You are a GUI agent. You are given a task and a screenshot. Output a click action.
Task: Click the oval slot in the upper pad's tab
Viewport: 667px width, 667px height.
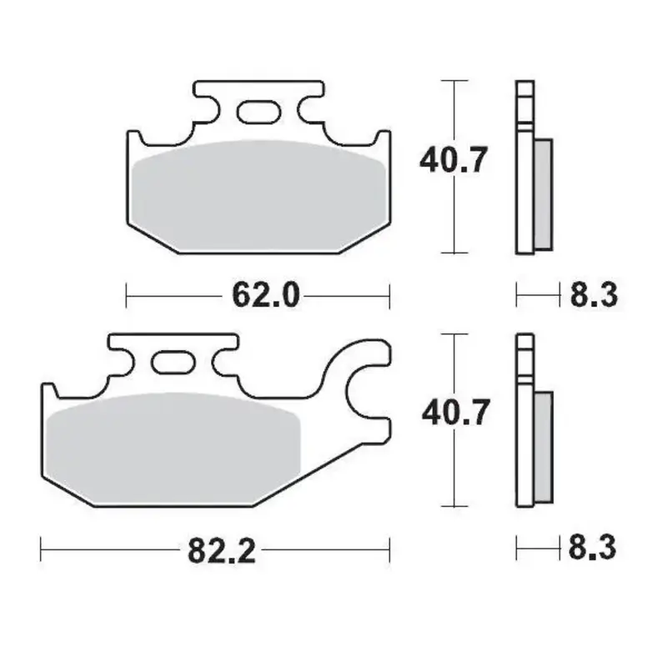pyautogui.click(x=258, y=110)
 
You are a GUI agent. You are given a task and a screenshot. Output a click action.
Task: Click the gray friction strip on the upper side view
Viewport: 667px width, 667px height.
pyautogui.click(x=541, y=193)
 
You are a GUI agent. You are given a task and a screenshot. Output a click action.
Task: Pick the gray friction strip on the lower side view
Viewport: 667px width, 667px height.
pyautogui.click(x=541, y=446)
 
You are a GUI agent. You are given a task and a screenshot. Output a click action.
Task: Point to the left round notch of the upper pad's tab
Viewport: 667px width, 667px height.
pyautogui.click(x=207, y=110)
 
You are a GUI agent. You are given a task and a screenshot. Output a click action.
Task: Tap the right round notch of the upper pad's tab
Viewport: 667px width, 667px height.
pyautogui.click(x=308, y=110)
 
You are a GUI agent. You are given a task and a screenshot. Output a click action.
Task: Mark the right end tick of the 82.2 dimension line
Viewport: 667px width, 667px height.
pyautogui.click(x=389, y=549)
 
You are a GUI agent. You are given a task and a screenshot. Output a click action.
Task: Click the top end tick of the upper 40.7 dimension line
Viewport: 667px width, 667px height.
pyautogui.click(x=453, y=82)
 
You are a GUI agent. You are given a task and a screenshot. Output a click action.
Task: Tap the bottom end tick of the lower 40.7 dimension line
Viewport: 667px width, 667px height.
pyautogui.click(x=453, y=506)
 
